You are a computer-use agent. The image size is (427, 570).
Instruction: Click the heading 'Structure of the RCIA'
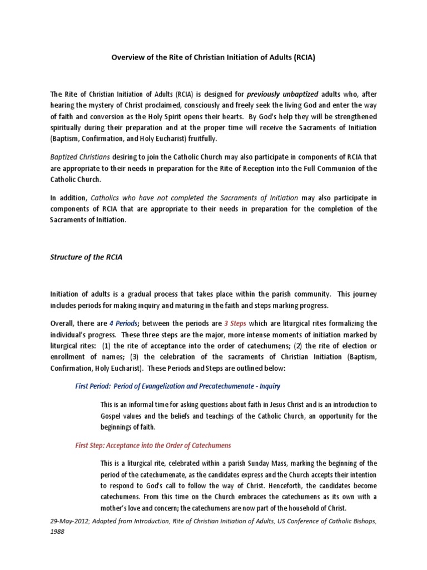tap(86, 257)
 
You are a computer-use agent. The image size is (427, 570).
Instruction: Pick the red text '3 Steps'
tap(235, 323)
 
